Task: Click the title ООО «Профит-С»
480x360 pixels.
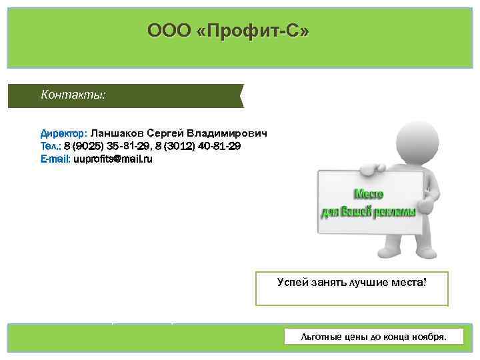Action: pos(229,31)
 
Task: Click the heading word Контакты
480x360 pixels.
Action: pos(73,95)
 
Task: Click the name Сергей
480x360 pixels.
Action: pos(166,133)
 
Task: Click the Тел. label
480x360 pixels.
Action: pos(51,146)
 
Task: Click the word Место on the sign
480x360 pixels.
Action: pos(368,194)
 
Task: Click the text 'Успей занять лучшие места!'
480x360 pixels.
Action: pos(351,283)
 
